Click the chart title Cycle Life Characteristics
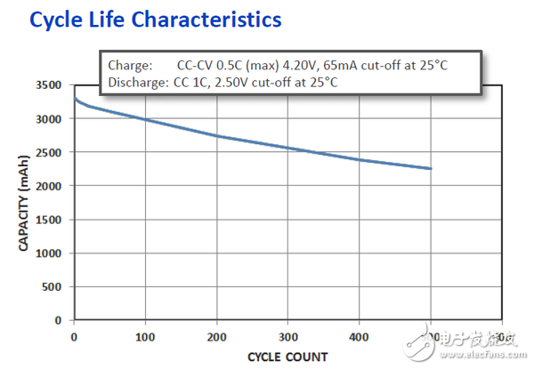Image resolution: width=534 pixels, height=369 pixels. [x=157, y=19]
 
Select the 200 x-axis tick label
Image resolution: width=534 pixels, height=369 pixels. [x=216, y=338]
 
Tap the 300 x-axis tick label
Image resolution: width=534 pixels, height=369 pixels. [x=287, y=338]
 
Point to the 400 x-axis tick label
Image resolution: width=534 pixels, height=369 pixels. [x=359, y=338]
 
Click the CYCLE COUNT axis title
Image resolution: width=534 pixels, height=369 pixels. [x=287, y=357]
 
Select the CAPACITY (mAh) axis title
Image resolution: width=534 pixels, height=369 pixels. [x=24, y=203]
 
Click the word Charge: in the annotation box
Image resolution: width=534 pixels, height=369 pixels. [x=131, y=66]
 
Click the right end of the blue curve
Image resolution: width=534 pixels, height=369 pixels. [x=432, y=169]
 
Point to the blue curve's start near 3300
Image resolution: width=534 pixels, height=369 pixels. [x=74, y=98]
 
